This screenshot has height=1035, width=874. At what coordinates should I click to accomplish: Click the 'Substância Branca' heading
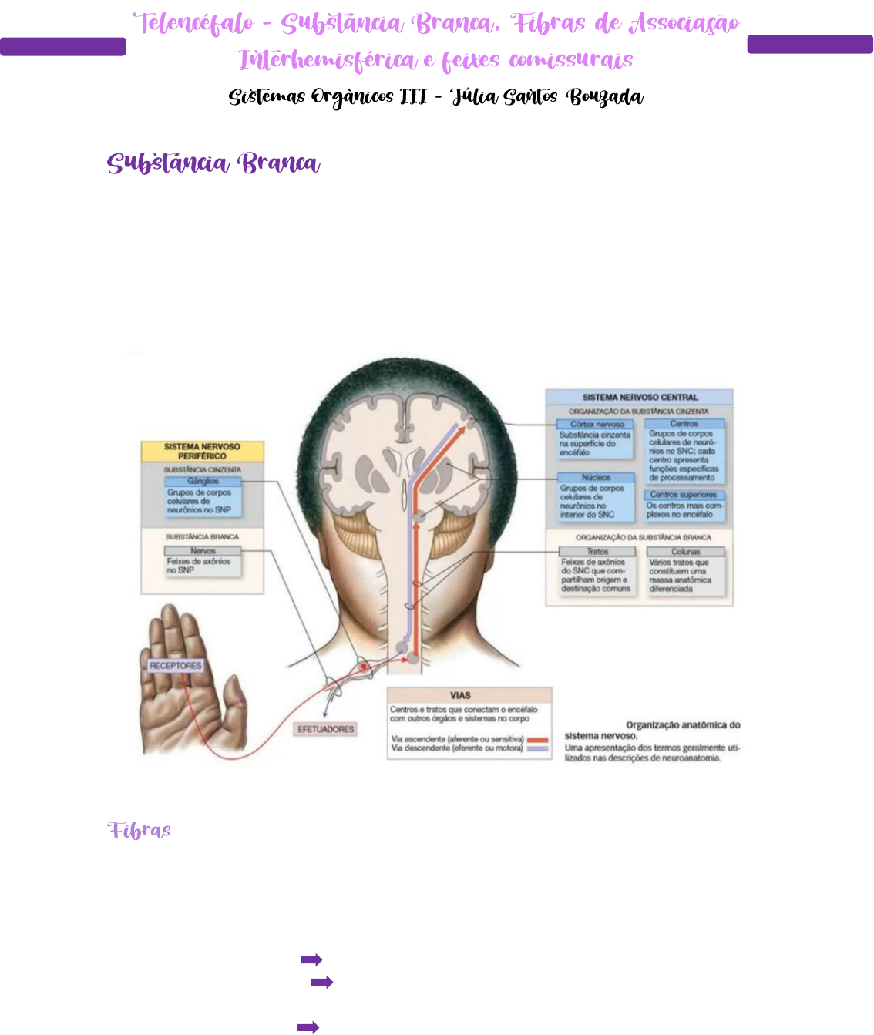[213, 163]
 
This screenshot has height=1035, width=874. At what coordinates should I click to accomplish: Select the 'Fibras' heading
[140, 831]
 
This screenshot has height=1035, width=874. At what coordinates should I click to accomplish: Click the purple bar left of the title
[63, 47]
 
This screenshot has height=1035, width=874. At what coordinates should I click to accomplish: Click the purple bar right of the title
[809, 45]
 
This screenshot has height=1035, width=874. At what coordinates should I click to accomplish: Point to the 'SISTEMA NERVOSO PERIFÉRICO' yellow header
[202, 451]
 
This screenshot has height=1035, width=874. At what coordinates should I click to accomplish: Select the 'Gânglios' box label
[203, 481]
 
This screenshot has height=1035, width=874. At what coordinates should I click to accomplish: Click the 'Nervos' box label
[203, 551]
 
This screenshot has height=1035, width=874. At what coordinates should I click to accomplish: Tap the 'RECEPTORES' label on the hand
[176, 665]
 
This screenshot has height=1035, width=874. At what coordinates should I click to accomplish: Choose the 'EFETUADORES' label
[326, 729]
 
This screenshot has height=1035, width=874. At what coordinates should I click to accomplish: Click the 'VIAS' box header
[460, 695]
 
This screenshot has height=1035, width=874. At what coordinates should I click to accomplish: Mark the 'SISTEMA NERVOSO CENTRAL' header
[640, 397]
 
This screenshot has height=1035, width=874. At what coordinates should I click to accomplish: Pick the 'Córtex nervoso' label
[597, 424]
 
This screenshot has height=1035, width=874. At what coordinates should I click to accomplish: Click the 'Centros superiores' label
[684, 495]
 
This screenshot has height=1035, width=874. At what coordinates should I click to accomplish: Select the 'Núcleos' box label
[596, 478]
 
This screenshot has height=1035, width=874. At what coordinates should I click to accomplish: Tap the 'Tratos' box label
[597, 552]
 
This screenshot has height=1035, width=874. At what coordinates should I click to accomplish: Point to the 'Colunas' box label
[685, 552]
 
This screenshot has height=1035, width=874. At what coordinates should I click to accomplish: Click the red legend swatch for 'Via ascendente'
[538, 740]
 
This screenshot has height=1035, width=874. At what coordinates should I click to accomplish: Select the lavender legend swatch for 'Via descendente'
[538, 748]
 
